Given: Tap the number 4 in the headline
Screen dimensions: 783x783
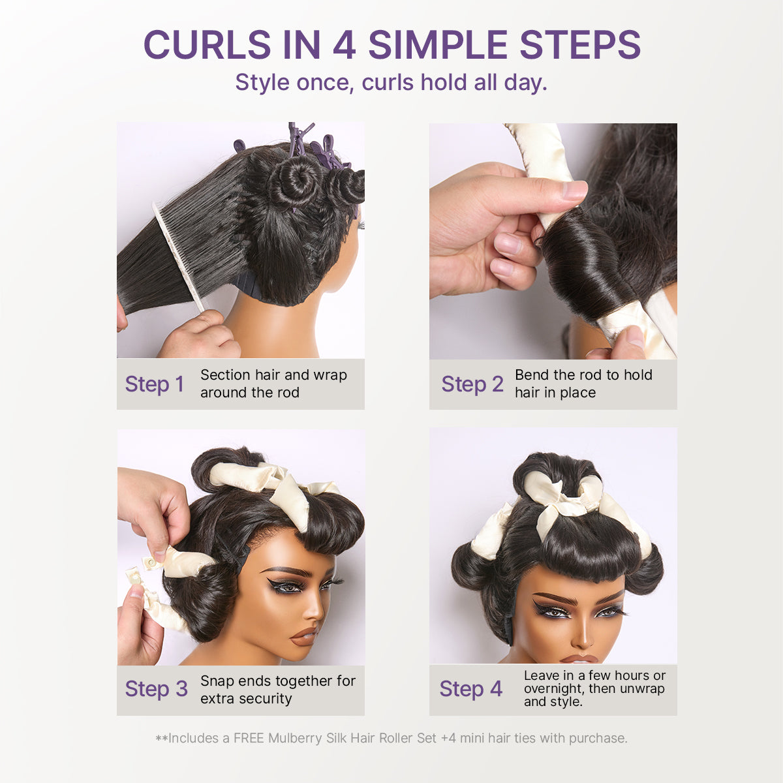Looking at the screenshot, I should tap(344, 45).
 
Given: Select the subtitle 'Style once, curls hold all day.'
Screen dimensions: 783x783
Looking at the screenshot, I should tap(391, 83).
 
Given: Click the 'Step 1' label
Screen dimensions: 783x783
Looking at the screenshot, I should tap(155, 384).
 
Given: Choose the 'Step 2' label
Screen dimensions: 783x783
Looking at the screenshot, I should tap(472, 384).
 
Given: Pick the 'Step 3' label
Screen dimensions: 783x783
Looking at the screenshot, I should tap(156, 689).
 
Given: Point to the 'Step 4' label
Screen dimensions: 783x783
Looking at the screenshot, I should tap(471, 689).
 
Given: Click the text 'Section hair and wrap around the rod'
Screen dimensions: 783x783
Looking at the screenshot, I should tap(273, 384).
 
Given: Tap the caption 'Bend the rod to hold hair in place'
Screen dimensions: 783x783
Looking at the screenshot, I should tap(583, 384).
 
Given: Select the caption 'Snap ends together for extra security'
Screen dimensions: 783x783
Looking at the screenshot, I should tap(277, 690).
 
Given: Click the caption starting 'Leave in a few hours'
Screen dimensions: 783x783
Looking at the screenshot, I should tap(594, 688).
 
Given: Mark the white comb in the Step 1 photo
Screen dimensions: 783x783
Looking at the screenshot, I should tap(177, 254).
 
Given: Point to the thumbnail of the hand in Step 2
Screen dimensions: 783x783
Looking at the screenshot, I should tap(575, 191).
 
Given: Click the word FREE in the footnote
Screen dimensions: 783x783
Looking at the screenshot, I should tap(249, 738).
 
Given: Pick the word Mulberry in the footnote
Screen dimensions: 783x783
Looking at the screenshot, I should tap(296, 738).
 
